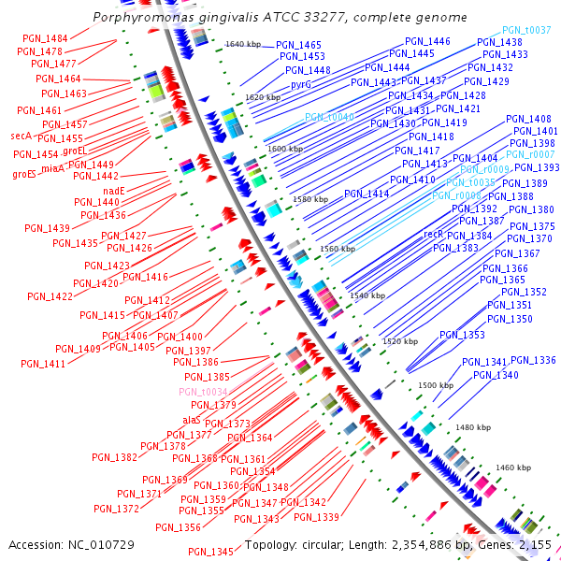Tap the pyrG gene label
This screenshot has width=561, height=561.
tap(300, 84)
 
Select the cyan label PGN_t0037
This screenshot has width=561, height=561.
tap(526, 30)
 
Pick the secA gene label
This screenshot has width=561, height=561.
tap(22, 137)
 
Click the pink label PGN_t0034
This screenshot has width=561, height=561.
tap(204, 392)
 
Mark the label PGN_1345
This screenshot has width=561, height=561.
tap(209, 551)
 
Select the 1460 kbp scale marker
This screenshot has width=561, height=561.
tap(512, 467)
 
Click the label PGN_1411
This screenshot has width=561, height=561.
tap(43, 364)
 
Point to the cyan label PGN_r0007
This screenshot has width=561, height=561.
tap(530, 154)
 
